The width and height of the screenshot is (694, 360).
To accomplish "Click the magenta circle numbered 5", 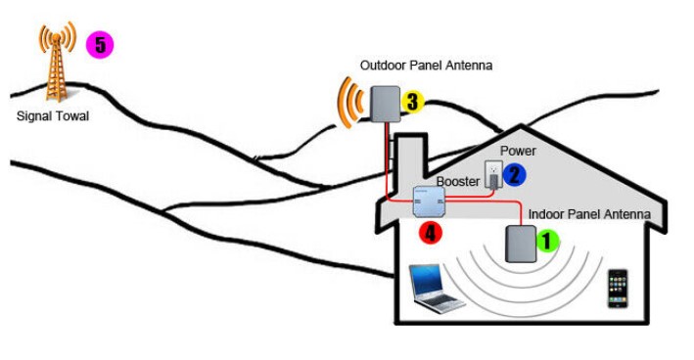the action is [x=100, y=45].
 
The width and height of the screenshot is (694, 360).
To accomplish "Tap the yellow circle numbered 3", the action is [x=412, y=102].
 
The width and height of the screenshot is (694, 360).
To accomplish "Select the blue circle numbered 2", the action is [x=514, y=175].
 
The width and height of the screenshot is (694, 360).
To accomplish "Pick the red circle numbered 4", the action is [x=431, y=232].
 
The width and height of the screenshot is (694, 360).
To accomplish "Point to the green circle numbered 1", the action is [x=547, y=241].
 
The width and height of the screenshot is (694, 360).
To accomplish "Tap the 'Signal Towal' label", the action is [x=53, y=116].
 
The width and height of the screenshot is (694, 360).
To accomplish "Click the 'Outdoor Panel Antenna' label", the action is [x=426, y=66].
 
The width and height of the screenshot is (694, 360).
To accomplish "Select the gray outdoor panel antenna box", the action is [x=385, y=104].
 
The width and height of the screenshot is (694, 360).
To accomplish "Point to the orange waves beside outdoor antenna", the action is [x=349, y=103].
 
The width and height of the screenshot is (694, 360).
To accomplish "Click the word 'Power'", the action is [x=518, y=151].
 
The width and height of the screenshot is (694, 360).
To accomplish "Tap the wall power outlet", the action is [x=493, y=174].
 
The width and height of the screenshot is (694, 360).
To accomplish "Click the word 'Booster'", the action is [x=458, y=181].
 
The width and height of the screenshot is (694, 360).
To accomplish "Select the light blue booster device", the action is [x=429, y=202].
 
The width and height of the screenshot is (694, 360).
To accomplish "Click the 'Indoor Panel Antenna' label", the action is [x=589, y=214].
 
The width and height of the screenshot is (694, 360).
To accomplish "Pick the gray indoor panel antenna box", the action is [x=521, y=245].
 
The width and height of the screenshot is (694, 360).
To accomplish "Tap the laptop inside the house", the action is [x=436, y=289].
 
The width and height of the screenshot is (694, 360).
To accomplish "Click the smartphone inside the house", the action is [x=618, y=289].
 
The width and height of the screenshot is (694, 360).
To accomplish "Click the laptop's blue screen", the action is [x=427, y=279].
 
